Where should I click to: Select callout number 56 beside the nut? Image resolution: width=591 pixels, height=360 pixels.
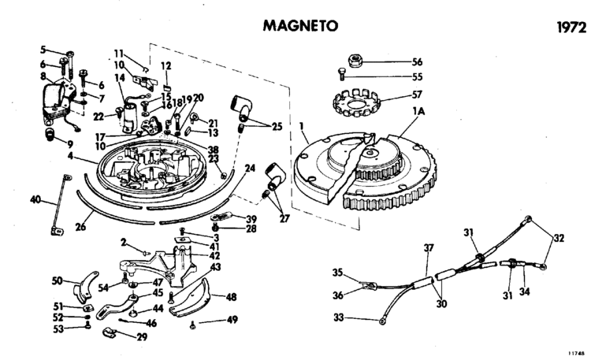pos(417,61)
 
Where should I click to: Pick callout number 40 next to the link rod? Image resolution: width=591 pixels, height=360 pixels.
pos(35,200)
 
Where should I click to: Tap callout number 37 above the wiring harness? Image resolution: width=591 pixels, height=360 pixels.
pos(429,248)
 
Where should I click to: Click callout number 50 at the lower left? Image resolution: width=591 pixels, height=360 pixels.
pos(58,280)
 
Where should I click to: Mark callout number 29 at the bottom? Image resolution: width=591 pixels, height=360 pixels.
pos(142,337)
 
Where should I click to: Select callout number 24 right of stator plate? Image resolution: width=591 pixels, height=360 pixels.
pos(251,168)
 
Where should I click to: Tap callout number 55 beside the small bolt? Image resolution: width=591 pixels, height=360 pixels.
pos(417,77)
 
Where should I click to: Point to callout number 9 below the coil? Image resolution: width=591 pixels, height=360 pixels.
pos(69,145)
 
